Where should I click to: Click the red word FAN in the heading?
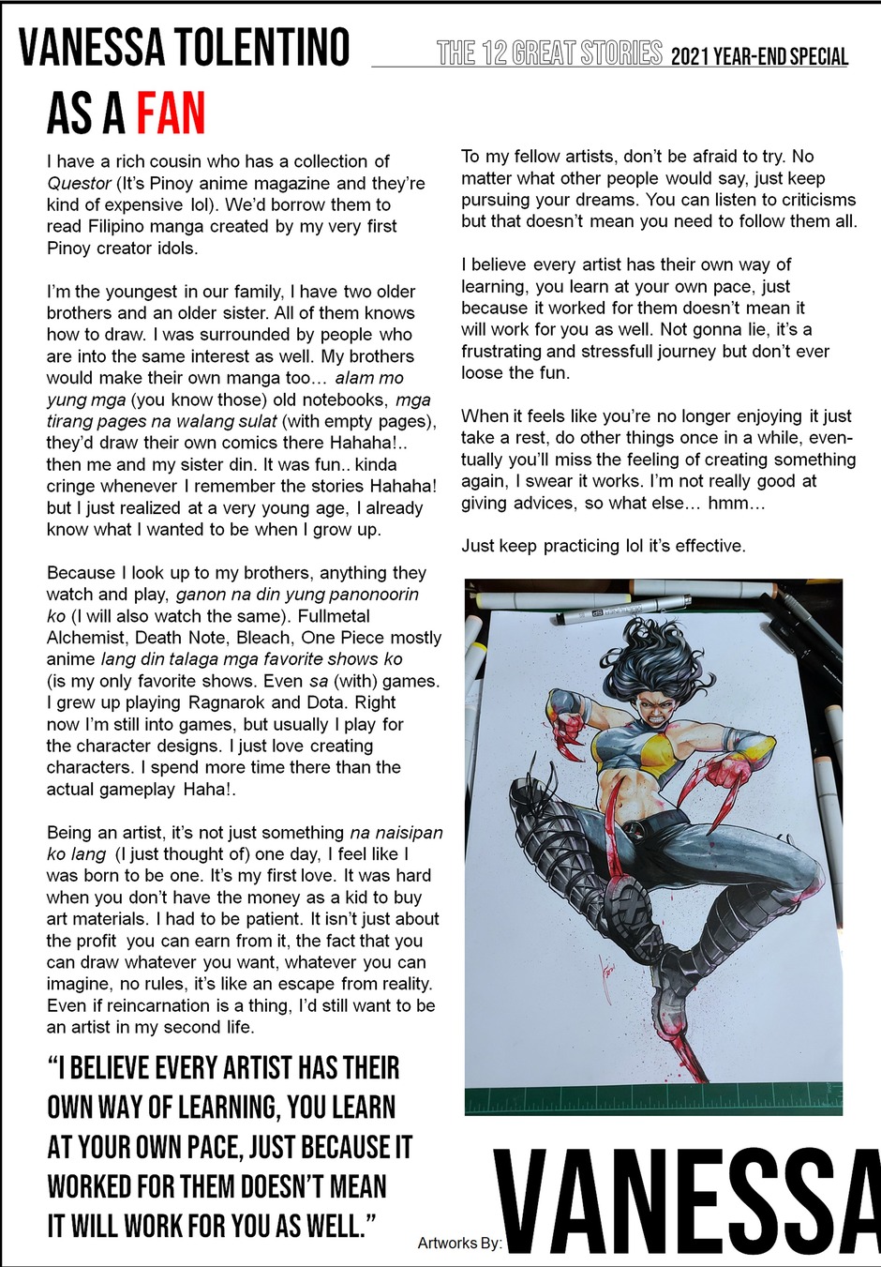click(x=172, y=114)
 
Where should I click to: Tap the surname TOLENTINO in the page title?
click(x=261, y=49)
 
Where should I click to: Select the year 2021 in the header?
click(x=690, y=56)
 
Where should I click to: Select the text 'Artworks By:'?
click(x=459, y=1244)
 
